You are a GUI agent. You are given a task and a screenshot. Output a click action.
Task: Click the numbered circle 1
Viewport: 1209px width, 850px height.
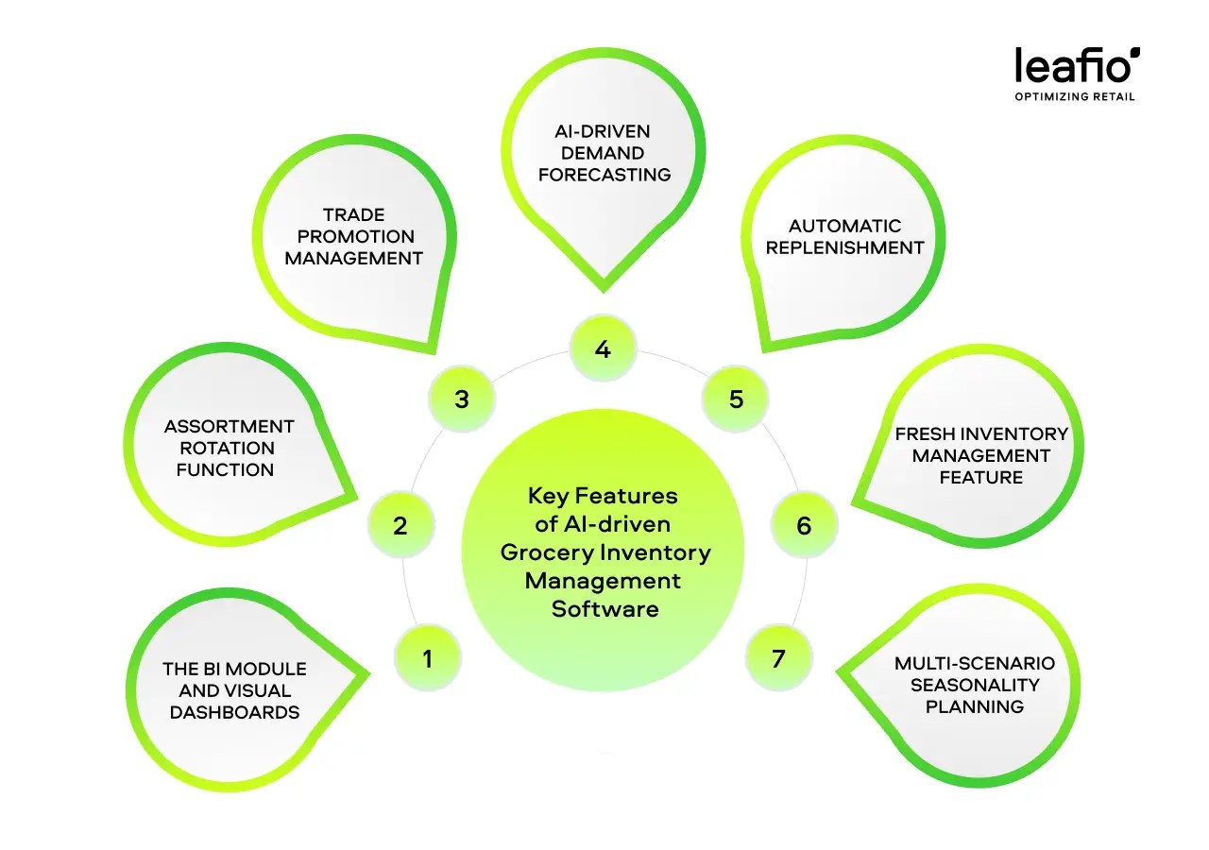427,657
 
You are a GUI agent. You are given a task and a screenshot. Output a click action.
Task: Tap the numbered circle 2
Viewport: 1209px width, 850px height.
400,525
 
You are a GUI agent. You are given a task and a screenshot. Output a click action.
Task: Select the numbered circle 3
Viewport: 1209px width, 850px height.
461,399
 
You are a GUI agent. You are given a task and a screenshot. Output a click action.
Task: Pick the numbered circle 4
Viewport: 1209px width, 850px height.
603,349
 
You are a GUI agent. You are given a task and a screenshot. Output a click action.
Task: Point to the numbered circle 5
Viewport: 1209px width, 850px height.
737,399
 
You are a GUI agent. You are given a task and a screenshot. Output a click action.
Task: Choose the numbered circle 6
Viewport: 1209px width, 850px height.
804,525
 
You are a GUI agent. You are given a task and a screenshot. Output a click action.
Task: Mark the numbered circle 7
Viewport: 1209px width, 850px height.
778,657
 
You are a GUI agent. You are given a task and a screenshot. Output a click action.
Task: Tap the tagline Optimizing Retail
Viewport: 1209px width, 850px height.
1075,97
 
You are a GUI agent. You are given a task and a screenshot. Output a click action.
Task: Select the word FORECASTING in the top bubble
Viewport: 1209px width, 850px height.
604,175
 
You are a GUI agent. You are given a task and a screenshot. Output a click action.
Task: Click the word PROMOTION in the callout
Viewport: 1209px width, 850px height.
355,236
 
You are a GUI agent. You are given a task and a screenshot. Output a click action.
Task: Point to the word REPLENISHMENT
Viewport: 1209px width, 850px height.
844,248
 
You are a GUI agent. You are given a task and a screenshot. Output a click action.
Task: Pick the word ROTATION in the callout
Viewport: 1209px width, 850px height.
227,449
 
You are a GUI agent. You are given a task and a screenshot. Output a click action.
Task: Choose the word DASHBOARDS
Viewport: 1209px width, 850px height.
234,713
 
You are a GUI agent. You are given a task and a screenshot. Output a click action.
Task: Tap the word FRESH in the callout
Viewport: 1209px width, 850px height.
925,433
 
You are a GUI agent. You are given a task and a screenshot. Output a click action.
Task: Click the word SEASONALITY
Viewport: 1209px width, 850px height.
974,685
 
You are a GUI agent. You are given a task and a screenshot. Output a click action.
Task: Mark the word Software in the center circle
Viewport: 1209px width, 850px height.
604,609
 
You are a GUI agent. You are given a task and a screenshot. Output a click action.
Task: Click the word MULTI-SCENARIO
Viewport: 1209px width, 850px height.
974,663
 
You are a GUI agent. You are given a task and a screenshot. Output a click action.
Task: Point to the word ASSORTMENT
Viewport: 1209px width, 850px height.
230,427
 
